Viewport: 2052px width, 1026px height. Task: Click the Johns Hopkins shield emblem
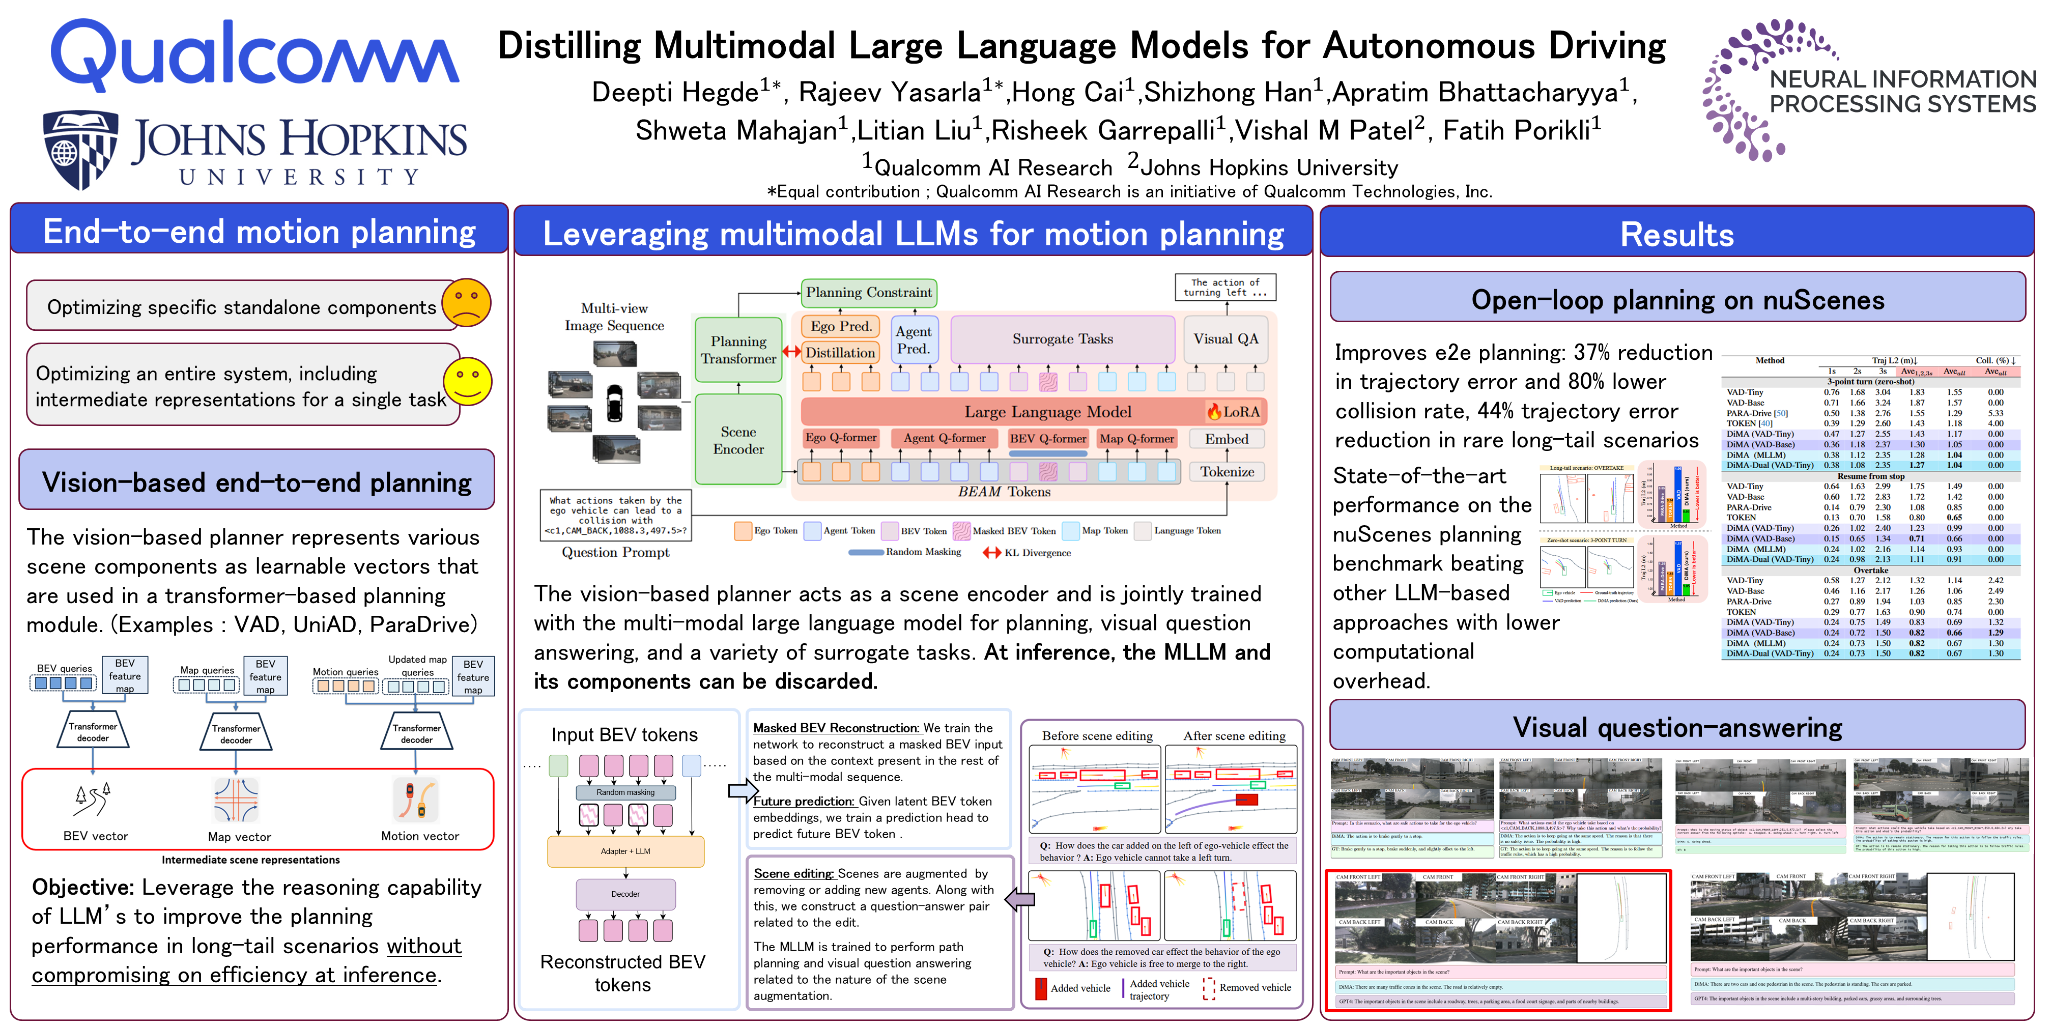pyautogui.click(x=80, y=149)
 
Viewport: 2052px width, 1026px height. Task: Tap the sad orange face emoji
pyautogui.click(x=466, y=303)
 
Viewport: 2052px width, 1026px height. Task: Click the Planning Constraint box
pyautogui.click(x=868, y=292)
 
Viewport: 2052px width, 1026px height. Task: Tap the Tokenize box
pyautogui.click(x=1227, y=472)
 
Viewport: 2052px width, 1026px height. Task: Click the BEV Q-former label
pyautogui.click(x=1047, y=438)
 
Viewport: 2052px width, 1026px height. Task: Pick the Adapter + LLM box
pyautogui.click(x=625, y=851)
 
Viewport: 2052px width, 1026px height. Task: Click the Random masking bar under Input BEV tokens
pyautogui.click(x=625, y=792)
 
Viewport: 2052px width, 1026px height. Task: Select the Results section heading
pyautogui.click(x=1677, y=234)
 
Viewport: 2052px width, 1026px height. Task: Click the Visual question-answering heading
pyautogui.click(x=1677, y=727)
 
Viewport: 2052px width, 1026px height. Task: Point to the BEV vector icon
pyautogui.click(x=93, y=800)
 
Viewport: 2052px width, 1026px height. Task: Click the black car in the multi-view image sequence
pyautogui.click(x=614, y=402)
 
